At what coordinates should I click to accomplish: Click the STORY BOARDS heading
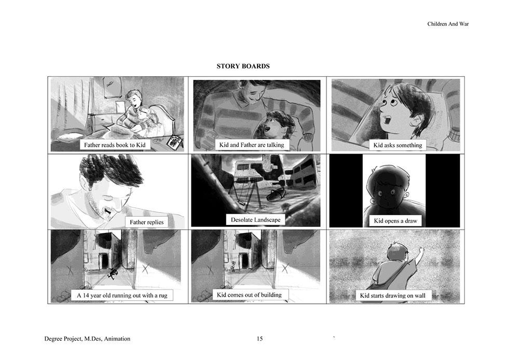243,66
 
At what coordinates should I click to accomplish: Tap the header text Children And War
448,24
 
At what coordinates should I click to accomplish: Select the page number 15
259,339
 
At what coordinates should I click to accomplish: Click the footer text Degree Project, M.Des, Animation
87,339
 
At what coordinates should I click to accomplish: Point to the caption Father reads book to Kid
115,145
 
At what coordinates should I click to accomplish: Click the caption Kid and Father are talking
252,145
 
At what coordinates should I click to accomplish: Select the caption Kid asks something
398,145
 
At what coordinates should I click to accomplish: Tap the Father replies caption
147,222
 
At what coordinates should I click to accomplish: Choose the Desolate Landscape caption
255,220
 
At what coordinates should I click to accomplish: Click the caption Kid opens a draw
395,221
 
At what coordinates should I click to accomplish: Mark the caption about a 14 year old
122,296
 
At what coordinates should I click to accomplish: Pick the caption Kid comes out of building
249,295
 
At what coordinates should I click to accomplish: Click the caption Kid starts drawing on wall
392,296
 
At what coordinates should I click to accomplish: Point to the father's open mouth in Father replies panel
107,210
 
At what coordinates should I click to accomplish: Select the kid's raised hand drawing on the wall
421,251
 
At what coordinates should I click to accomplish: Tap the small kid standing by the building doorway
234,267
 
